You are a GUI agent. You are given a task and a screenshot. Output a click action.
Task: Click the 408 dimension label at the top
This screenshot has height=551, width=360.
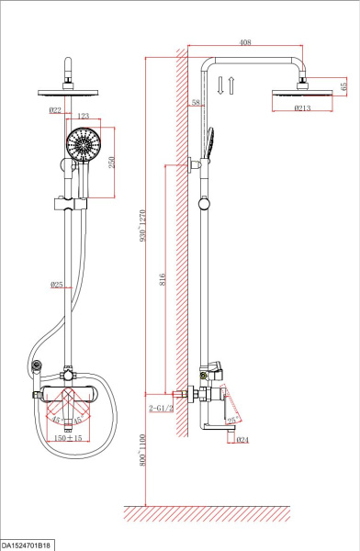[245, 42]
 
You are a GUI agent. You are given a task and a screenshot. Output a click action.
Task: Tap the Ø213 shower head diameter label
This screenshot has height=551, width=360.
[302, 107]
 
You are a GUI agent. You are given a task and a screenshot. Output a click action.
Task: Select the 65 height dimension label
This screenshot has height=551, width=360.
[343, 84]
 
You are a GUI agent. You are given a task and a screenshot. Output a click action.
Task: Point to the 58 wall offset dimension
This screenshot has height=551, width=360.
[196, 103]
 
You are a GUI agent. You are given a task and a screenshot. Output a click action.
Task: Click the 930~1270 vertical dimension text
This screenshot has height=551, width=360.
[142, 225]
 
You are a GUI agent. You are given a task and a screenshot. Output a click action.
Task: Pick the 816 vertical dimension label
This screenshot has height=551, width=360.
[162, 279]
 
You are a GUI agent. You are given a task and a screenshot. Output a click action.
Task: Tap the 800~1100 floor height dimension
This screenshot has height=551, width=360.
[142, 450]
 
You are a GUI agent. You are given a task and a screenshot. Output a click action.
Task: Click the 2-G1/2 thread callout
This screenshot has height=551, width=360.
[161, 408]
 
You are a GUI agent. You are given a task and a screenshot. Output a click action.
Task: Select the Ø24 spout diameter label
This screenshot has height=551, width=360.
[242, 440]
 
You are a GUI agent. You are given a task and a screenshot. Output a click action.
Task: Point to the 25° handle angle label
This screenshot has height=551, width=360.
[232, 420]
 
